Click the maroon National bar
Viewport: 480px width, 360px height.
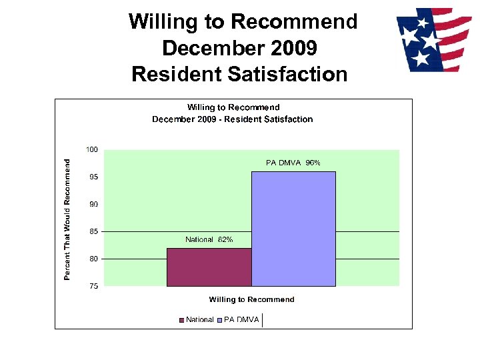coord(209,267)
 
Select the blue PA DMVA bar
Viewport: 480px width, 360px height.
coord(293,229)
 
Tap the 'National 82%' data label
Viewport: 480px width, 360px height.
coord(209,240)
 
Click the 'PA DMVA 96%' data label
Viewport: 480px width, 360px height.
coord(293,163)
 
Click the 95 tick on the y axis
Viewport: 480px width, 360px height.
coord(93,177)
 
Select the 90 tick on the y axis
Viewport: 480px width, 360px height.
coord(93,204)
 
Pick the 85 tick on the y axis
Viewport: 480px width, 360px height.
coord(93,231)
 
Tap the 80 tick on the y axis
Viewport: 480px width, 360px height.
coord(93,259)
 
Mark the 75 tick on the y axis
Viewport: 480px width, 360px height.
coord(93,286)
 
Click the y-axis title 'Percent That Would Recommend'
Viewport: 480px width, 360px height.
coord(67,219)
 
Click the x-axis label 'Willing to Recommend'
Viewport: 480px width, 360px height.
coord(251,299)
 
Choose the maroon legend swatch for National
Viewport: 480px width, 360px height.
coord(181,320)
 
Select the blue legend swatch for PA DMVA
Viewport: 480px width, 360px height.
coord(219,320)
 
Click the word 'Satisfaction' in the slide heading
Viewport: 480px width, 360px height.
coord(287,74)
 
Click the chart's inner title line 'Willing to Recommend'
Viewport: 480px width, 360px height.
coord(233,107)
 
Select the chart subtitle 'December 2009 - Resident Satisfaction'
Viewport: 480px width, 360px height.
coord(232,119)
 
